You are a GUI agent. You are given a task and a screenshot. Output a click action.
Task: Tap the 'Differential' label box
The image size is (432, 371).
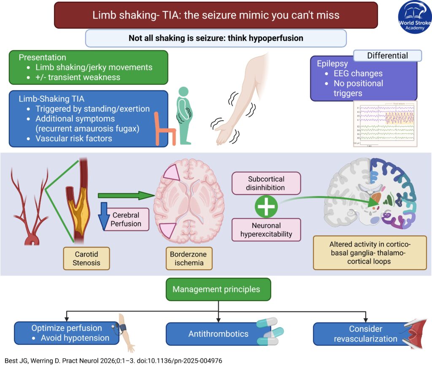(387, 56)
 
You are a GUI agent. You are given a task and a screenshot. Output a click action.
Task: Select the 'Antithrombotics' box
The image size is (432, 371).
(218, 334)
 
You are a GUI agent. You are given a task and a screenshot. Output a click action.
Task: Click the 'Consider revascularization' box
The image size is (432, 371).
(360, 333)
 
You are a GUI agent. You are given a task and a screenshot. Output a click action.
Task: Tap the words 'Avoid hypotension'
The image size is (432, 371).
(75, 338)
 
